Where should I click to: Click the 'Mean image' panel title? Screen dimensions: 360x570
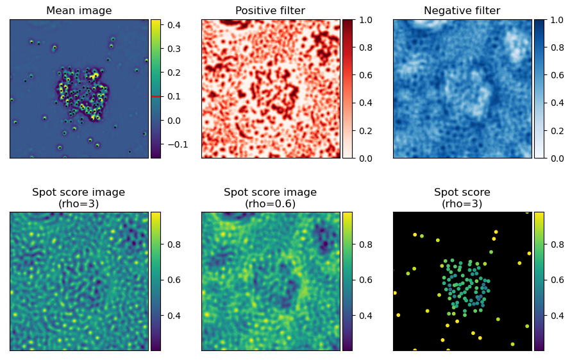tap(80, 10)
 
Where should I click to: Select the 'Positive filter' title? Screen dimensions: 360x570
tap(270, 10)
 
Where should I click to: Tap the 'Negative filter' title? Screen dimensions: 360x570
tap(462, 10)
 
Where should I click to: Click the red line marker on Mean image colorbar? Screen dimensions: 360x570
tap(155, 96)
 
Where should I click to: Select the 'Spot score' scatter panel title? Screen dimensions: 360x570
tap(462, 192)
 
